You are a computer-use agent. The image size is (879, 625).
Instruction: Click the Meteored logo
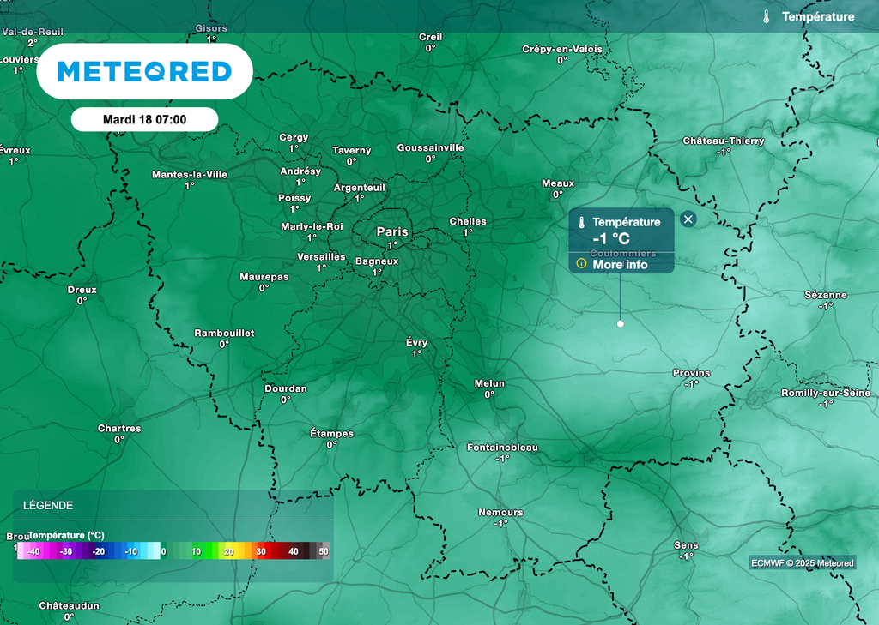[144, 71]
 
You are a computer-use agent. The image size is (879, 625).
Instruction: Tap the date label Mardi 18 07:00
[144, 120]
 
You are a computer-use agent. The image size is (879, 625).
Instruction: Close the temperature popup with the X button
[688, 219]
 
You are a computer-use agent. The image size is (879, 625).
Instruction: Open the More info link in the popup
[620, 265]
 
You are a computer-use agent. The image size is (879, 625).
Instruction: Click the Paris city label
[392, 231]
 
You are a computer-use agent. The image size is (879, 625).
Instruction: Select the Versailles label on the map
[321, 257]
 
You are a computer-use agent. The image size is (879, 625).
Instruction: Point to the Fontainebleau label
[502, 448]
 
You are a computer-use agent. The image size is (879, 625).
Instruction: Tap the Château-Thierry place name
[723, 141]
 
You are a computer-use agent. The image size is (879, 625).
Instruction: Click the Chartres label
[119, 429]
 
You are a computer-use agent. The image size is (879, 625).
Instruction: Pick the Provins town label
[691, 373]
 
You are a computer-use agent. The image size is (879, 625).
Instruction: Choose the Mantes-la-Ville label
[190, 174]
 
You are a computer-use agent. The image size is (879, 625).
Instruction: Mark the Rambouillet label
[224, 333]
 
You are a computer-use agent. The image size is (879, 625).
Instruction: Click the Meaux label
[558, 183]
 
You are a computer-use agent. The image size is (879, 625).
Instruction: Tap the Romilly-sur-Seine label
[826, 393]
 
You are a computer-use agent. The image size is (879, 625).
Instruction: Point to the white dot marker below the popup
[620, 323]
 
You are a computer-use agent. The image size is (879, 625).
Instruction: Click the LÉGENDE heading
[48, 505]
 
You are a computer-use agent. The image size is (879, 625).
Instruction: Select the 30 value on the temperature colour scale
[261, 551]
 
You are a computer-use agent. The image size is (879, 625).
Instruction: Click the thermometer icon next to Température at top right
[766, 16]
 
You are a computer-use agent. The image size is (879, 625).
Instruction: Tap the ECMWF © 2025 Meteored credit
[802, 563]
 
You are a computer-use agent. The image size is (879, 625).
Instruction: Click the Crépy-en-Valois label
[562, 49]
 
